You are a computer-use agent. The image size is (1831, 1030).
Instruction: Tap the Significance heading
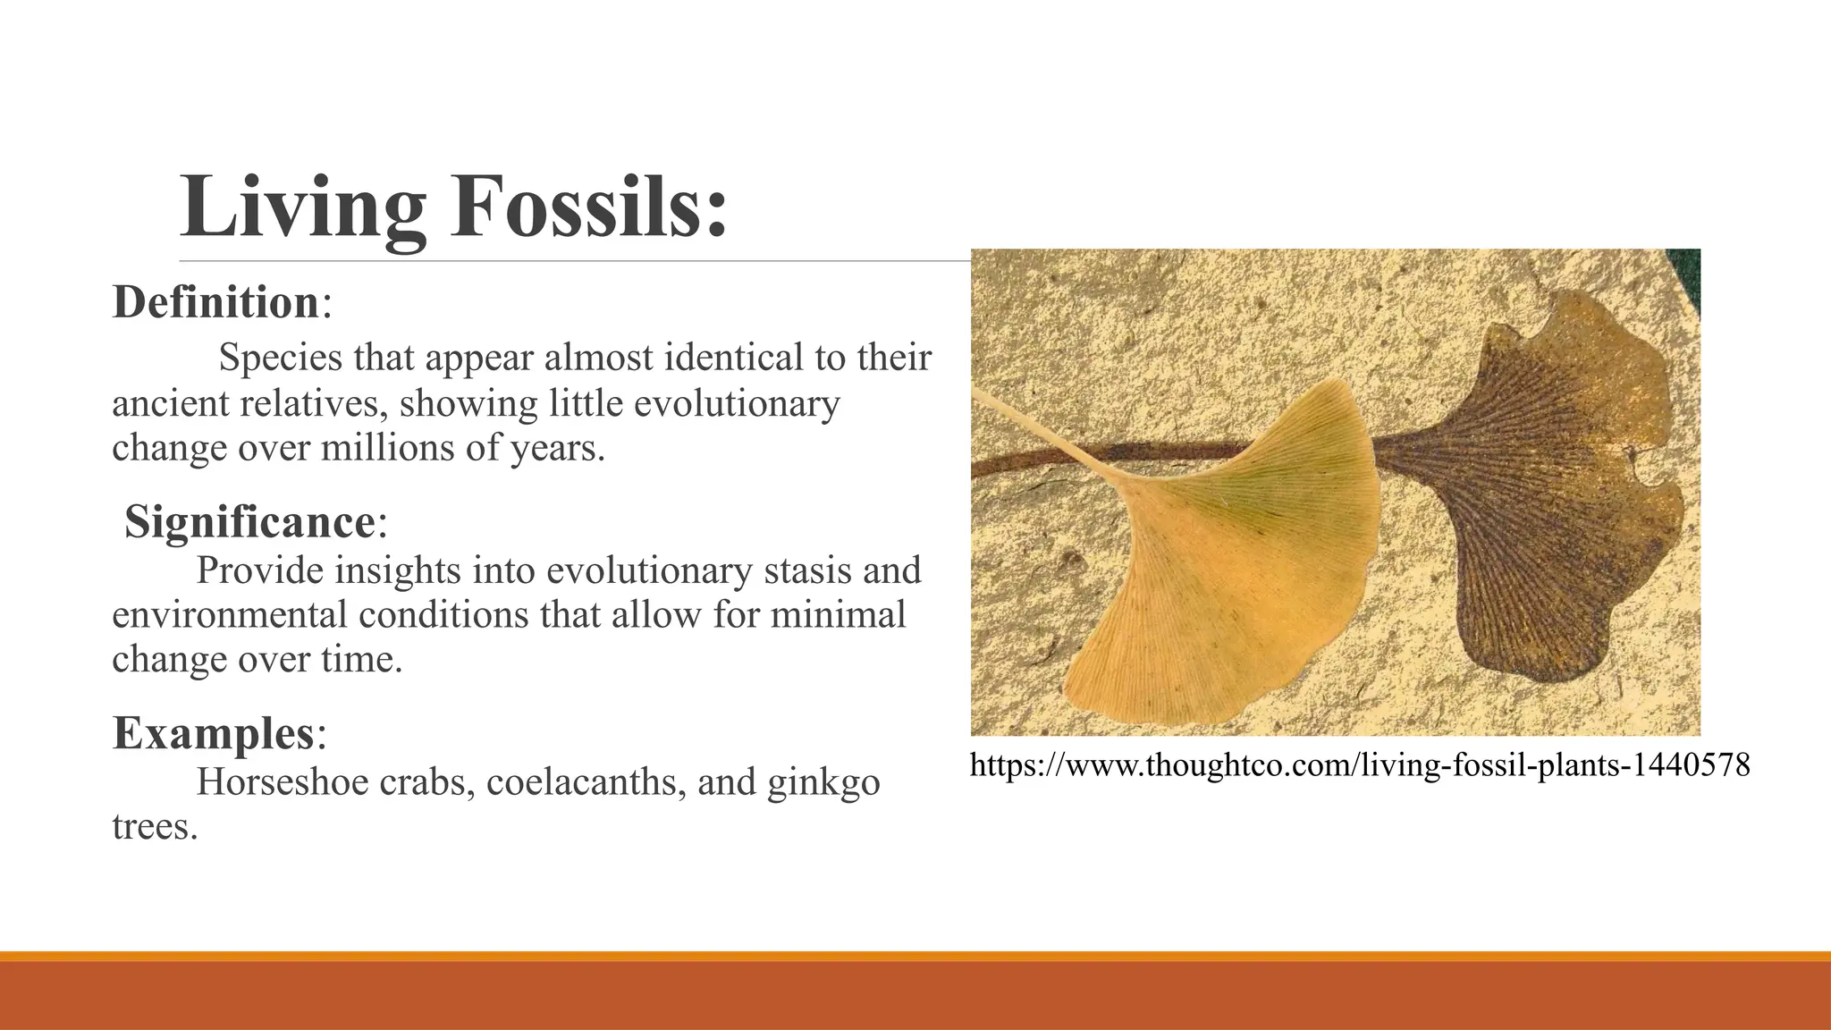(x=250, y=521)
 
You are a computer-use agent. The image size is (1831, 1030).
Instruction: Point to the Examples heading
(x=214, y=733)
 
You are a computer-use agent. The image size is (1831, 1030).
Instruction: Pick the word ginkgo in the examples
(x=823, y=783)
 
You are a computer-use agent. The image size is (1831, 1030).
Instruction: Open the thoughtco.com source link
(x=1359, y=765)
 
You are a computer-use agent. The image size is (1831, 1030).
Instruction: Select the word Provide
(x=260, y=570)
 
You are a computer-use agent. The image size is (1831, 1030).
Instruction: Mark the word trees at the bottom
(x=154, y=826)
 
